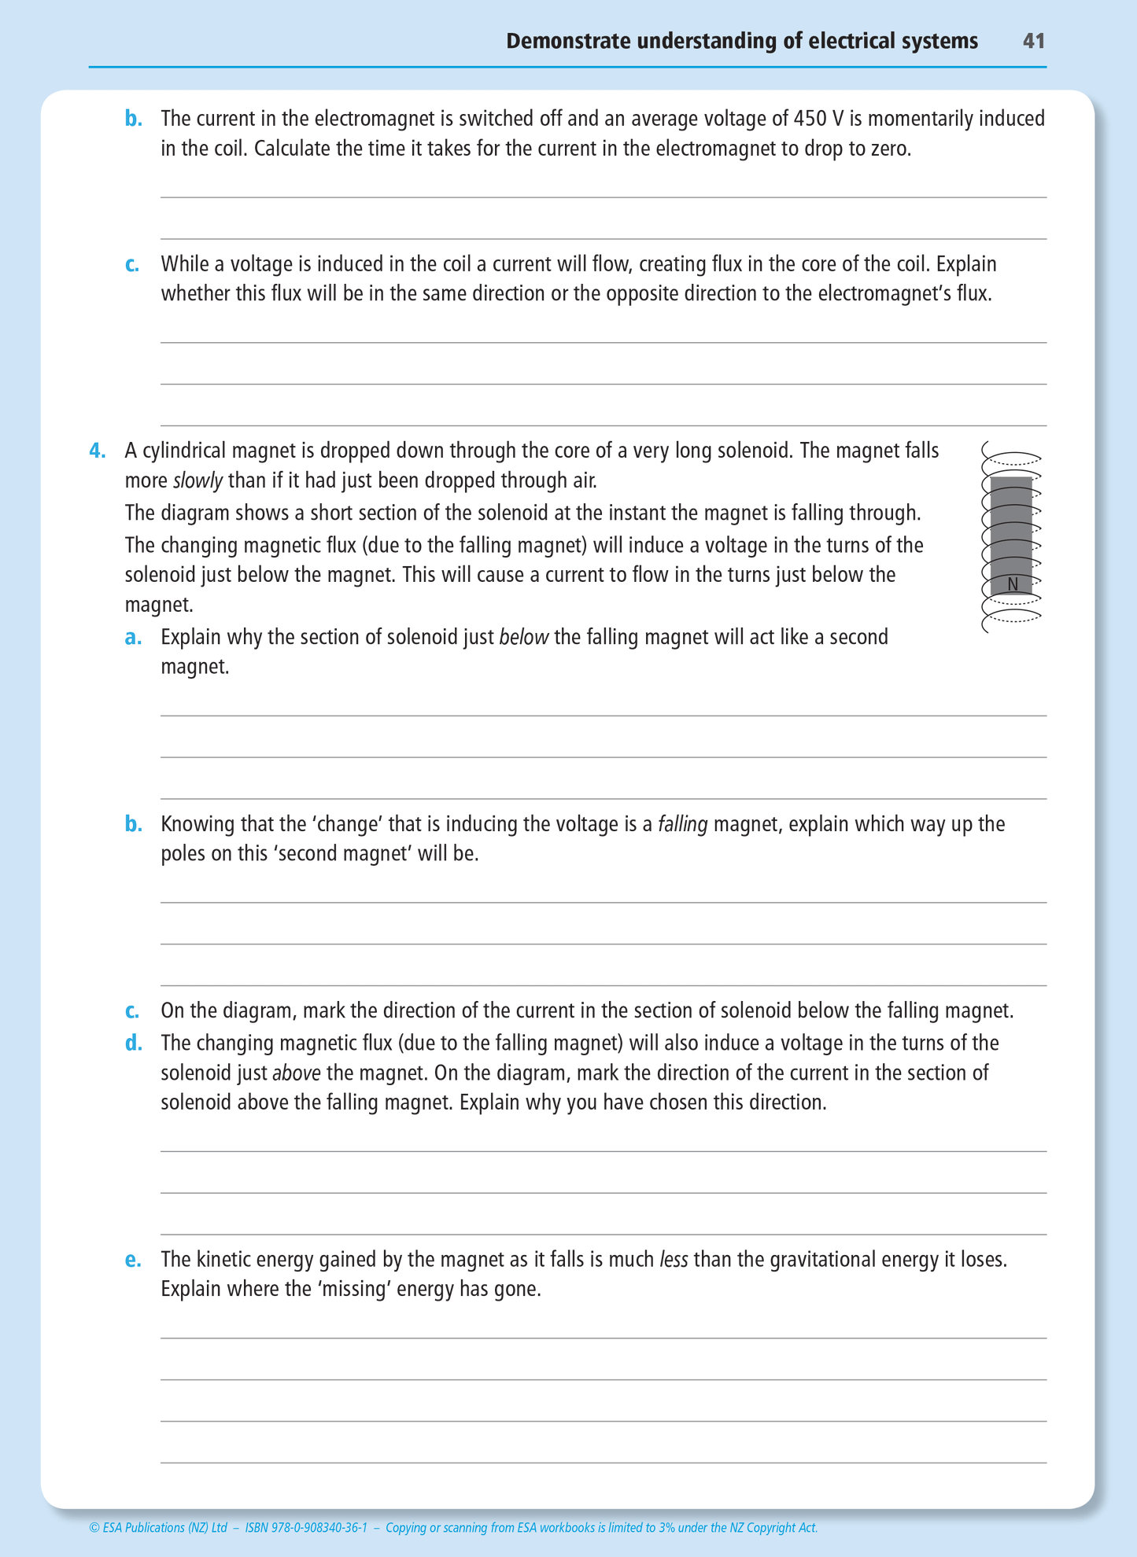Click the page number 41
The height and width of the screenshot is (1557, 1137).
(x=1034, y=41)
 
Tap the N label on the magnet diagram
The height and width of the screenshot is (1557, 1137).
(x=1013, y=584)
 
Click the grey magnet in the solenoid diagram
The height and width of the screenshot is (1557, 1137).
(x=1011, y=527)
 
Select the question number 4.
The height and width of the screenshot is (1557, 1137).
(x=97, y=451)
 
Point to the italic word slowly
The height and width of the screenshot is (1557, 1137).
(x=197, y=480)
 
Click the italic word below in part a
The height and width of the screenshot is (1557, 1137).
(x=524, y=637)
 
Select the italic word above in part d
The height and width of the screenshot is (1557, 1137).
(x=296, y=1073)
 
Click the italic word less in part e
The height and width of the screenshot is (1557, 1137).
(x=674, y=1260)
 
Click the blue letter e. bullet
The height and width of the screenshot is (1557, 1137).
(x=133, y=1260)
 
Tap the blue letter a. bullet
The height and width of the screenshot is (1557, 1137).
(x=133, y=637)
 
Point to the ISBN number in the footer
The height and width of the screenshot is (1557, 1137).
(x=306, y=1528)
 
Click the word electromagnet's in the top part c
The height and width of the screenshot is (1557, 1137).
(x=884, y=293)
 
